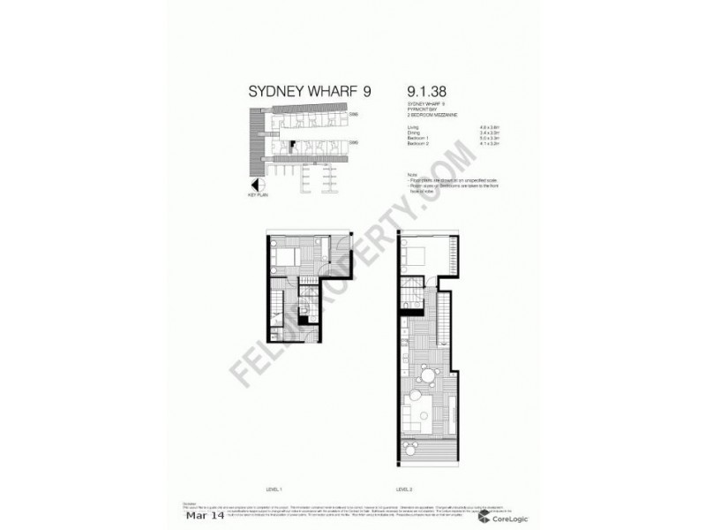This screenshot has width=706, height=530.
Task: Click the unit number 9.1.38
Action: pyautogui.click(x=427, y=92)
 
